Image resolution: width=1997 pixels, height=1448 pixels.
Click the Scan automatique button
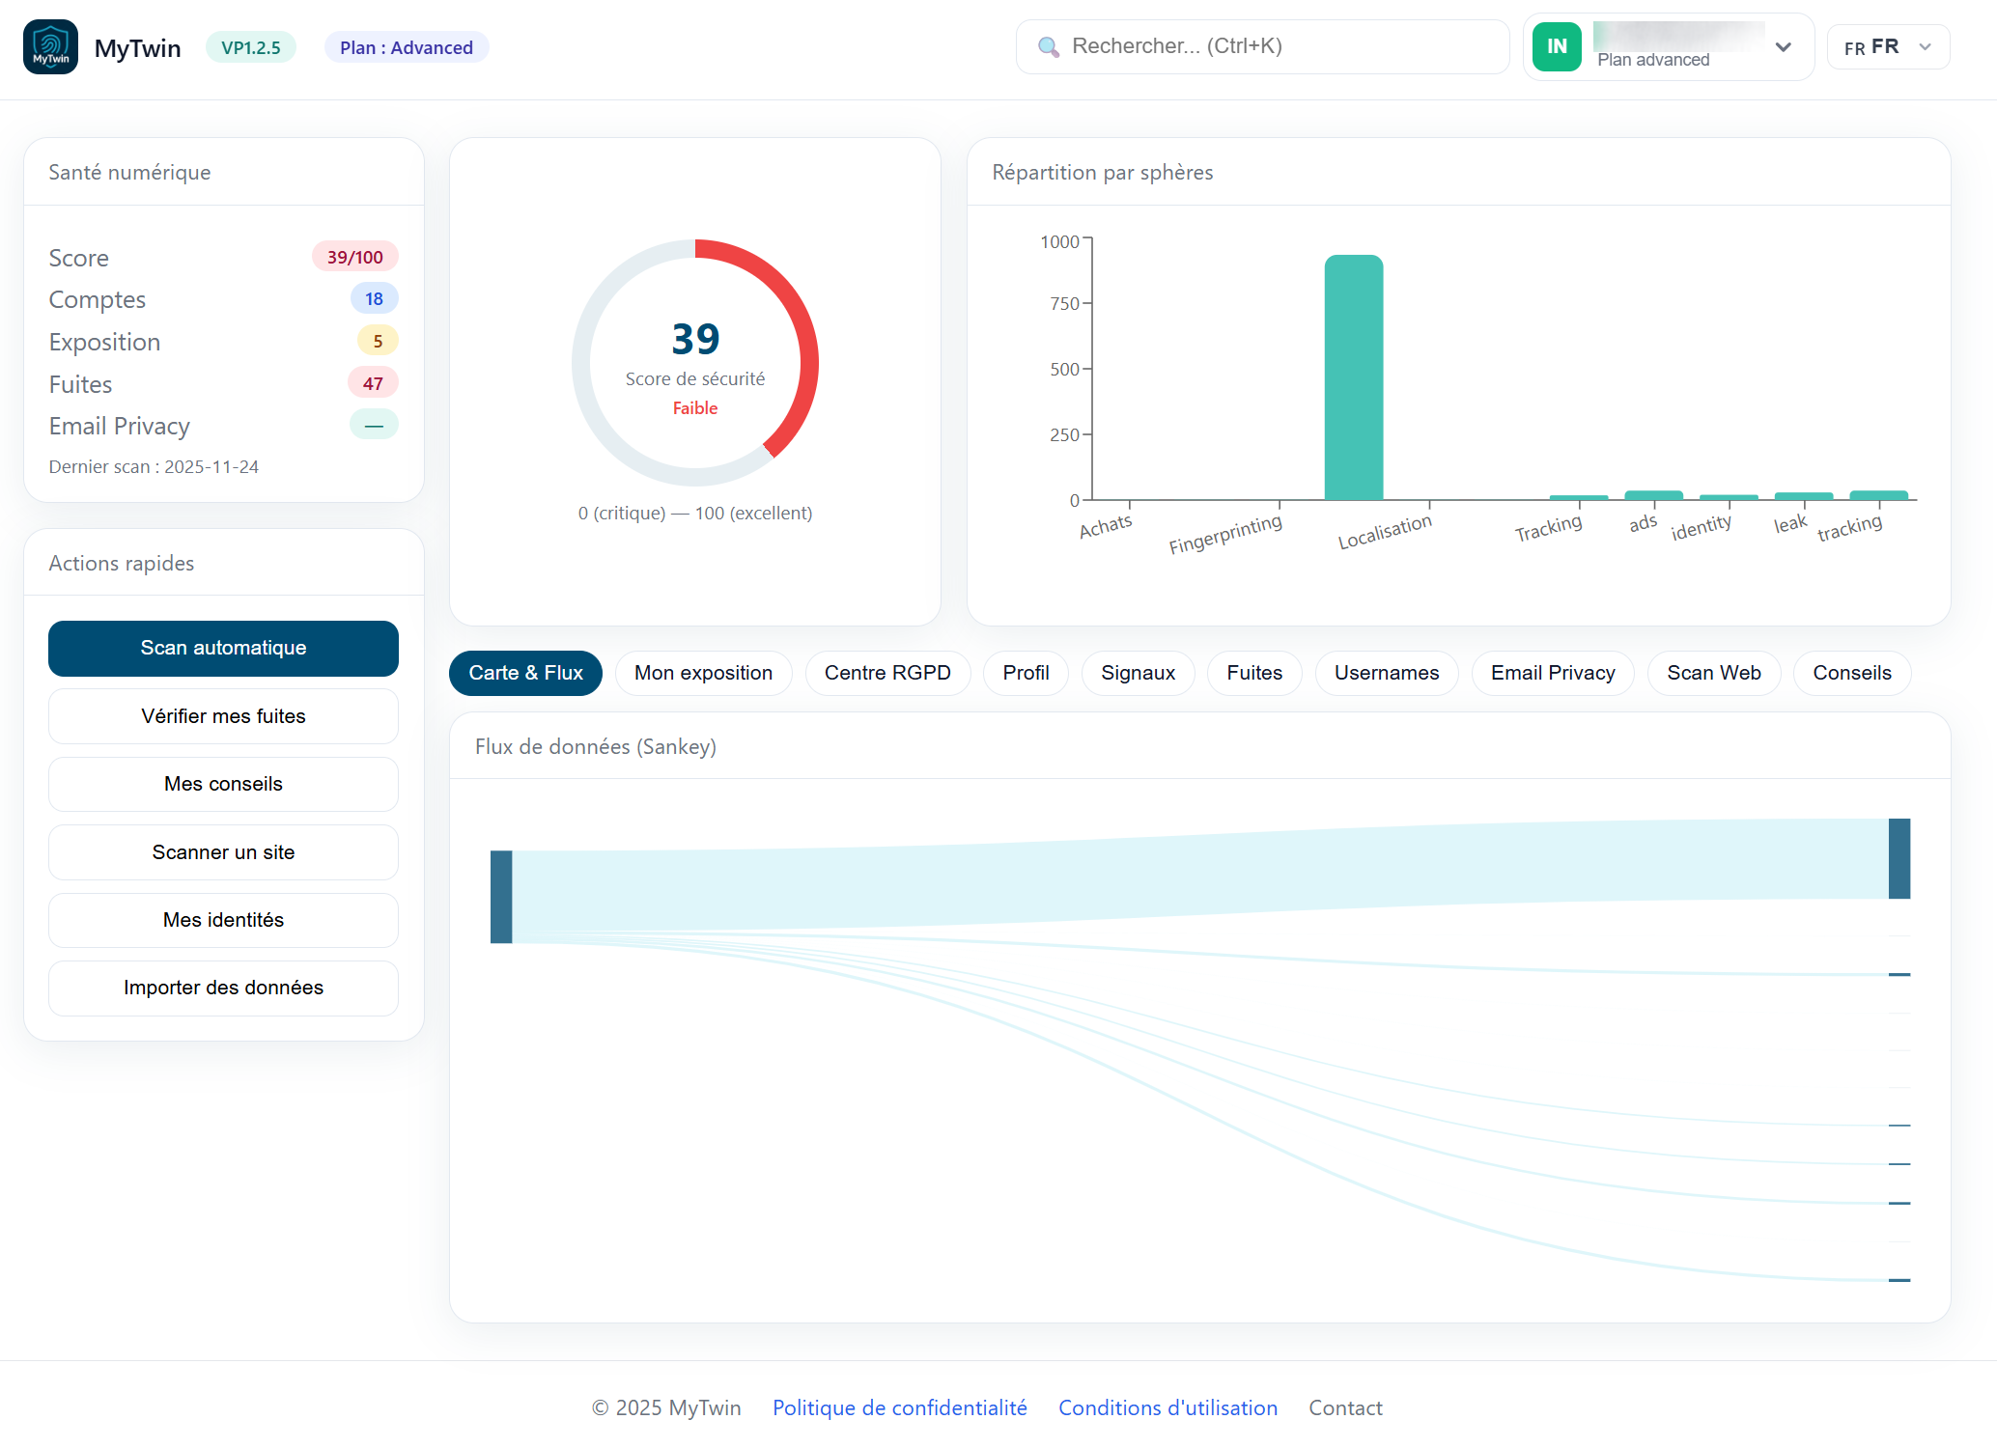[223, 648]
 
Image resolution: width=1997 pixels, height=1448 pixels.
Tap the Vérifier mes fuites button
[223, 716]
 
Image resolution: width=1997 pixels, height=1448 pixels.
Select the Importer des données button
[223, 988]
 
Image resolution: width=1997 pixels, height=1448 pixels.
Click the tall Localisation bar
[1353, 377]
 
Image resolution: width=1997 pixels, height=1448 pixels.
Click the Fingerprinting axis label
[1224, 535]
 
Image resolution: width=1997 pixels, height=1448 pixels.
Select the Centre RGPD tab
[886, 673]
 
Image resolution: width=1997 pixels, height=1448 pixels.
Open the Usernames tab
[1386, 673]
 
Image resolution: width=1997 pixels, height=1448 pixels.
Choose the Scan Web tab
[1713, 673]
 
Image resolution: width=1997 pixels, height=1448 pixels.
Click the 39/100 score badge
[354, 257]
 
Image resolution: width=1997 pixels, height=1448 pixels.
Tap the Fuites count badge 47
[373, 383]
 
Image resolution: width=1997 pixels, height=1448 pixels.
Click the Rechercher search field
[1262, 46]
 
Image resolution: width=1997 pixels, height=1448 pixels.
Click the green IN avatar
[1557, 46]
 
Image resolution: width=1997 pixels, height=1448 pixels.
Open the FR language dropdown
[1888, 47]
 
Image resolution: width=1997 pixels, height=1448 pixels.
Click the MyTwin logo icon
[50, 46]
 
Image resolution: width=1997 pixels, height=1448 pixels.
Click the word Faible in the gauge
[694, 408]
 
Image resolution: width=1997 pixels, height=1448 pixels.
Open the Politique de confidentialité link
[899, 1407]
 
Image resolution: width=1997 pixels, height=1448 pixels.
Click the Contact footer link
[1345, 1407]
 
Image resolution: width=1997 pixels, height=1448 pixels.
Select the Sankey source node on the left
[501, 897]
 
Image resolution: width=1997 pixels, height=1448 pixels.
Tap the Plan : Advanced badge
[407, 47]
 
